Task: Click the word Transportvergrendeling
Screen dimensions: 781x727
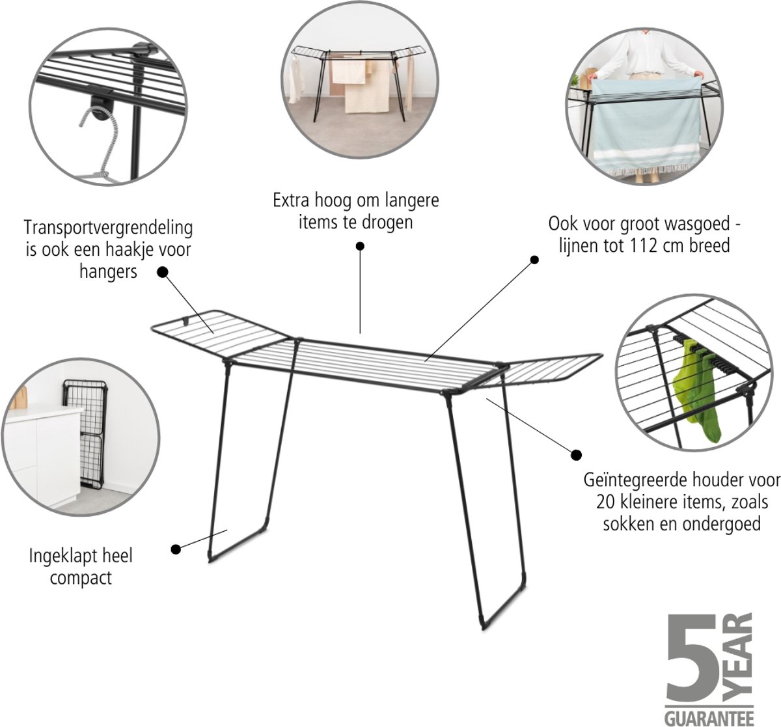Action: point(108,228)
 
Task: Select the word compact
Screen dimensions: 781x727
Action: point(81,579)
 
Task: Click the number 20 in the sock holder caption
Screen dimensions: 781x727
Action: point(606,502)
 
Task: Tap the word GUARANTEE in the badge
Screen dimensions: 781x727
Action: point(709,717)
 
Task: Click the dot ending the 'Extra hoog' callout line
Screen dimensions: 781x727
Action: point(360,246)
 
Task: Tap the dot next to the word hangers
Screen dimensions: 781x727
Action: point(163,272)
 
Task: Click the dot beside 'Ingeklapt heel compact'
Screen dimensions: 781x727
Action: point(176,549)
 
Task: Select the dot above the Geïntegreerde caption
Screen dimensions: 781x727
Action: point(576,455)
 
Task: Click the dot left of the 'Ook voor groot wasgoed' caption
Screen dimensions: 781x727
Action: point(534,260)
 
